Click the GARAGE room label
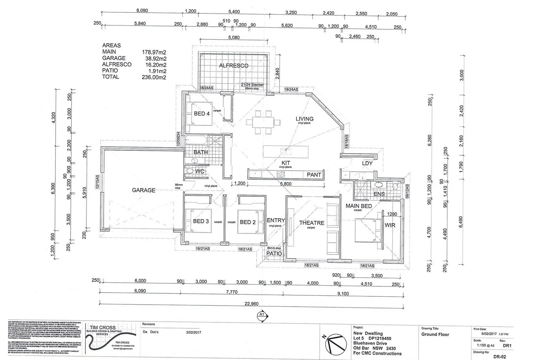pos(144,190)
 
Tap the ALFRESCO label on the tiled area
pos(233,66)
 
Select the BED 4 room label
pos(202,114)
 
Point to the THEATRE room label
pos(311,223)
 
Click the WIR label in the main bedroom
pos(390,225)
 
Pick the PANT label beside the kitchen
pos(314,175)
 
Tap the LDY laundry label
pos(367,163)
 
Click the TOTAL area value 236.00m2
pos(154,77)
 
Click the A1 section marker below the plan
pos(261,314)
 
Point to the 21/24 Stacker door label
pos(252,85)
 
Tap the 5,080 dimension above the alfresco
pos(234,38)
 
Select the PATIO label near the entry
pos(274,254)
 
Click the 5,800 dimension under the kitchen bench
pos(285,184)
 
